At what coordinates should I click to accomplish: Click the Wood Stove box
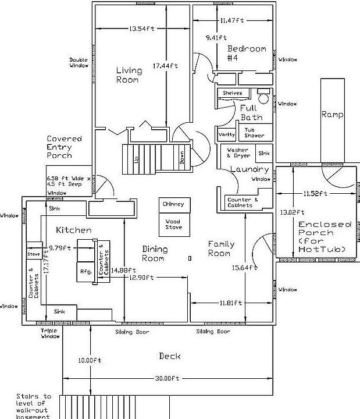point(173,224)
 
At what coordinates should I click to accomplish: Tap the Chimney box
point(173,204)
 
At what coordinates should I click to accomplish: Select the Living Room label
point(129,75)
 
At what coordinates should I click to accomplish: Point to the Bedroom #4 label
point(246,53)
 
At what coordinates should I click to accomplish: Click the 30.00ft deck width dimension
point(166,378)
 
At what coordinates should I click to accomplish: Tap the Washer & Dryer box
point(238,152)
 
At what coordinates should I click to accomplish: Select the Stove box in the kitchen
point(33,254)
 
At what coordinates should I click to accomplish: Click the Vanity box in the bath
point(226,134)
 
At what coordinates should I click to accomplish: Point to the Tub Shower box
point(254,133)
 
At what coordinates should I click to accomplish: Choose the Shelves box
point(233,93)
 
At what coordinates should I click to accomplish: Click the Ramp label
point(332,115)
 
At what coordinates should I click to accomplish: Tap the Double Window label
point(79,62)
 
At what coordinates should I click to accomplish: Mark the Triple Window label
point(49,333)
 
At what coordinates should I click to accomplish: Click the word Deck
point(169,356)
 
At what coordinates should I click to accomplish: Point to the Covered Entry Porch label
point(64,147)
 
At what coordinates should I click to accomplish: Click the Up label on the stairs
point(136,159)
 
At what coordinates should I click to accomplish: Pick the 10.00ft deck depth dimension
point(90,360)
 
